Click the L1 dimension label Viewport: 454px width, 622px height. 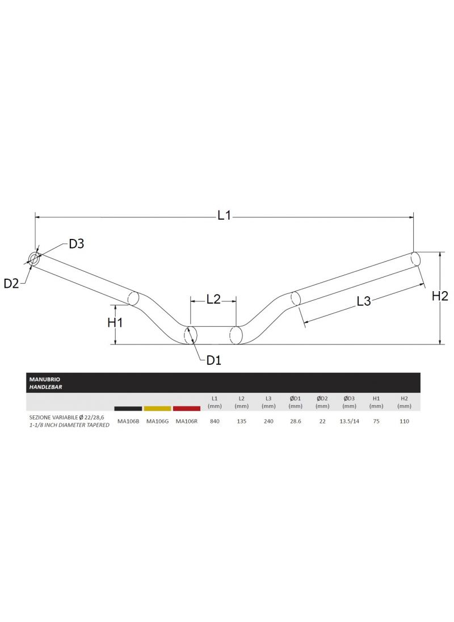[225, 216]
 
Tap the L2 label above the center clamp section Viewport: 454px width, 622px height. [213, 299]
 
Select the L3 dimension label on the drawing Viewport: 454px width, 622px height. [364, 302]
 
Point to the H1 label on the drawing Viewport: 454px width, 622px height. [116, 322]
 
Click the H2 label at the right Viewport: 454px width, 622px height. [440, 296]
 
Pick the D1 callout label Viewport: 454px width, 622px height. [213, 360]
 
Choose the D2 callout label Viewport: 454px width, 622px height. [11, 283]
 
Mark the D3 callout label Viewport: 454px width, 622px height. [77, 244]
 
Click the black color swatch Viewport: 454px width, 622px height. [128, 408]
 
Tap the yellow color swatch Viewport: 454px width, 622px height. [157, 408]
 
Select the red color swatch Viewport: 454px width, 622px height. [187, 408]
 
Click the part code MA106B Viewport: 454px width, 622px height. [128, 421]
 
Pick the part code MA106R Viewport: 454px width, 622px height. [187, 421]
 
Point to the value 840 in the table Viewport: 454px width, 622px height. [215, 421]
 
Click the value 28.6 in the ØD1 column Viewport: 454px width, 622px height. [295, 421]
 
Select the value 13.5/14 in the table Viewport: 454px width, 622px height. [349, 421]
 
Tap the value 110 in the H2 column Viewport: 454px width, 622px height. [403, 421]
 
